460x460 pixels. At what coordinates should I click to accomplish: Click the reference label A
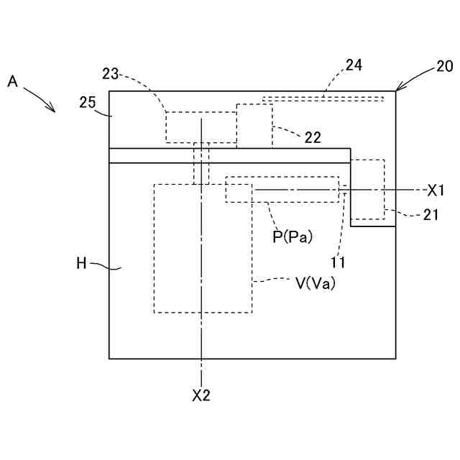coord(12,82)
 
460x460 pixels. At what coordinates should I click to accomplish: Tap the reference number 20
coord(444,67)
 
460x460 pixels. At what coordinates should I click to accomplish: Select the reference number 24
coord(354,65)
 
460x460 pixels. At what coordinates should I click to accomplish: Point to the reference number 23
coord(111,73)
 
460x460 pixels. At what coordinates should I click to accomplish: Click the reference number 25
coord(88,102)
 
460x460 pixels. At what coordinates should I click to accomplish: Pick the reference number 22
coord(312,136)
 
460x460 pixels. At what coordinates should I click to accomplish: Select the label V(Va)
coord(316,283)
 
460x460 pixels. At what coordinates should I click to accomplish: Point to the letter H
coord(81,263)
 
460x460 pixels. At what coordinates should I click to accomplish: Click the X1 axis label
coord(436,190)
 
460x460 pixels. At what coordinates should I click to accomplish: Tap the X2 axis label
coord(201,395)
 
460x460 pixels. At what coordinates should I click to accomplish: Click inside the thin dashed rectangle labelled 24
coord(323,98)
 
